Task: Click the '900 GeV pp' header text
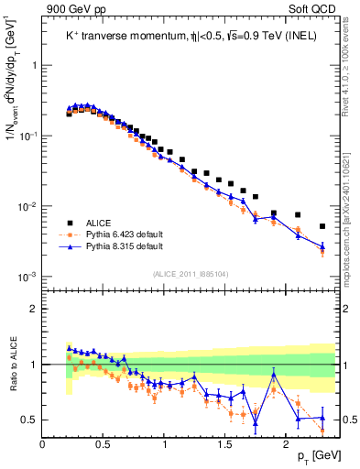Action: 73,8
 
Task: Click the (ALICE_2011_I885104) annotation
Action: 191,272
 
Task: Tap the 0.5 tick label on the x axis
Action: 104,444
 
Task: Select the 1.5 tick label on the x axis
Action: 225,444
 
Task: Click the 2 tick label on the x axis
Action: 287,444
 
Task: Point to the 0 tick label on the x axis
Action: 43,444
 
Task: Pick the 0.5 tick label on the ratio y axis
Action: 29,420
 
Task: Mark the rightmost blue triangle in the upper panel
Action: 322,245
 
